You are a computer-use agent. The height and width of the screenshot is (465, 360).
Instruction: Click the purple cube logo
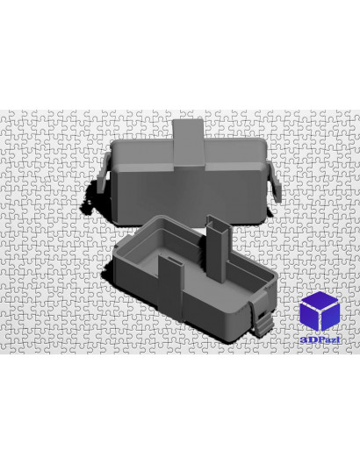(x=320, y=311)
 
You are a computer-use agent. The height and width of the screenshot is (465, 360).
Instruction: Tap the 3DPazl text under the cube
(x=320, y=340)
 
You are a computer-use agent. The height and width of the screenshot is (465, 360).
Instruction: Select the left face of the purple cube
(x=309, y=318)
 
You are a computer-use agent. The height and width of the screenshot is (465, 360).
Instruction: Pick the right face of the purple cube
(x=330, y=318)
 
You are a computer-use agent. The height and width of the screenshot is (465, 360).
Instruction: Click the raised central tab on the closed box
(x=189, y=142)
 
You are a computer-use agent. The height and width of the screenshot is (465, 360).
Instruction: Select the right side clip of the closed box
(x=275, y=182)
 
